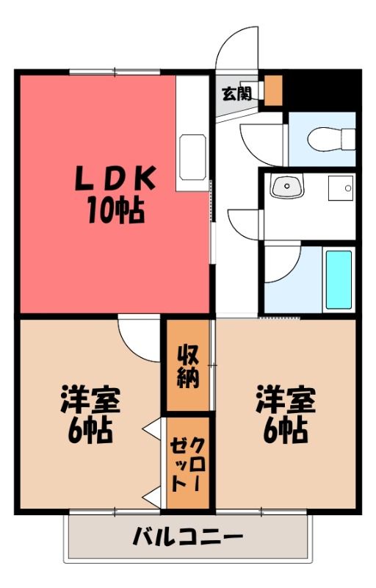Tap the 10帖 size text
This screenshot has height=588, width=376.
(x=116, y=211)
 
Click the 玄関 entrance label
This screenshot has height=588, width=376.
(x=237, y=94)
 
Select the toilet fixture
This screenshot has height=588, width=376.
(x=331, y=139)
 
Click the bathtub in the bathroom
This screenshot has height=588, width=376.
(x=339, y=280)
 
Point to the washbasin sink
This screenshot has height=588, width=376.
(x=288, y=187)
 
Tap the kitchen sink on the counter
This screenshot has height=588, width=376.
(x=192, y=157)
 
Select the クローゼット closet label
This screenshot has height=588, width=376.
(x=187, y=464)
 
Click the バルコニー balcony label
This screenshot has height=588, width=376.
(x=187, y=537)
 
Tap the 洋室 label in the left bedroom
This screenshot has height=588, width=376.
(x=90, y=399)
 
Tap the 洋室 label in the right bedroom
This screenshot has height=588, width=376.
(x=286, y=399)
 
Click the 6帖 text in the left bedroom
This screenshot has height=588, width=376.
(x=90, y=430)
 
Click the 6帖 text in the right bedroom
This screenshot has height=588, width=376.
(x=286, y=430)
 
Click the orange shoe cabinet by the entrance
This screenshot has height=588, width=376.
(x=273, y=90)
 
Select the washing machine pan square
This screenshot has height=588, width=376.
(x=341, y=188)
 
